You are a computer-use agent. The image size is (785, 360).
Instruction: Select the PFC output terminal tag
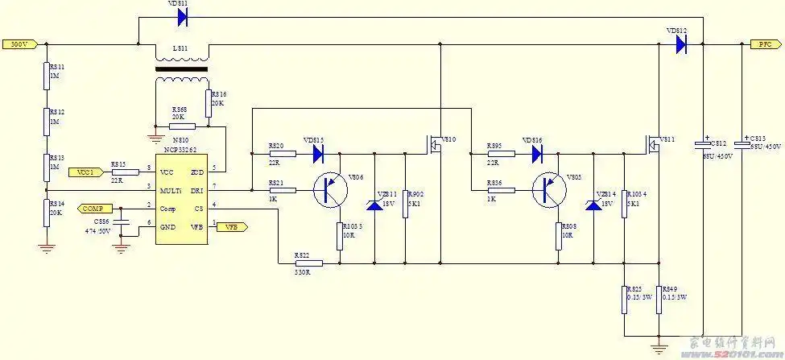(766, 44)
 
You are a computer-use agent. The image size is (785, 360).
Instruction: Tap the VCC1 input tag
(86, 172)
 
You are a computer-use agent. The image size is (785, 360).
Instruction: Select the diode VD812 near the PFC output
(680, 44)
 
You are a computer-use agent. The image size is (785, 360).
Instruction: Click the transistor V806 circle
(330, 191)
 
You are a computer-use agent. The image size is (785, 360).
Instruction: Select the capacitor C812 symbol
(703, 146)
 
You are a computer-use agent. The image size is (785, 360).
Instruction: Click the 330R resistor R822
(307, 263)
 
